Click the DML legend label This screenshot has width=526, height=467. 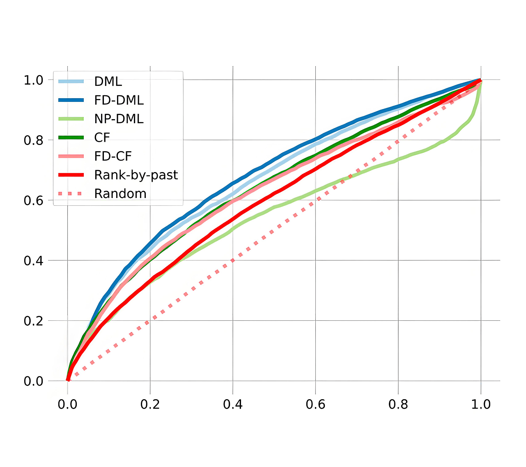pyautogui.click(x=108, y=81)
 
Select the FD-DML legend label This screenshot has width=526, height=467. pyautogui.click(x=119, y=100)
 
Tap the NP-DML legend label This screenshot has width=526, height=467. pyautogui.click(x=119, y=119)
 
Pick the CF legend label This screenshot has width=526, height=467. pyautogui.click(x=102, y=138)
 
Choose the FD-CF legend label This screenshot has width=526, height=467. pyautogui.click(x=113, y=156)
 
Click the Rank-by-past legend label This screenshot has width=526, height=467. pyautogui.click(x=136, y=175)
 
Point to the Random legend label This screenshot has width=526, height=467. pyautogui.click(x=120, y=193)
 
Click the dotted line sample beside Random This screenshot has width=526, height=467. pyautogui.click(x=71, y=193)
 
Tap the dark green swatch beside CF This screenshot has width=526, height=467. pyautogui.click(x=71, y=138)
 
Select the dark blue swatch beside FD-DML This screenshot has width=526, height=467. pyautogui.click(x=71, y=100)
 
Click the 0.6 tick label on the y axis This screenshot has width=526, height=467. pyautogui.click(x=34, y=200)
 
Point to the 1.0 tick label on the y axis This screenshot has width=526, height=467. pyautogui.click(x=34, y=80)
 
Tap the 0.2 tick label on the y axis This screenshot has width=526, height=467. pyautogui.click(x=34, y=321)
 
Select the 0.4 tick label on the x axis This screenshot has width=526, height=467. pyautogui.click(x=233, y=404)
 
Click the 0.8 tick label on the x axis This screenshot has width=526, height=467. pyautogui.click(x=398, y=404)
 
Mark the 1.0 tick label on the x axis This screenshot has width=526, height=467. pyautogui.click(x=481, y=404)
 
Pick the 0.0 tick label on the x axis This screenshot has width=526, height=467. pyautogui.click(x=67, y=404)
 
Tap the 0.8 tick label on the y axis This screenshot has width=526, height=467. pyautogui.click(x=34, y=140)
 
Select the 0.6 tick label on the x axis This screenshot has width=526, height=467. pyautogui.click(x=315, y=404)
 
